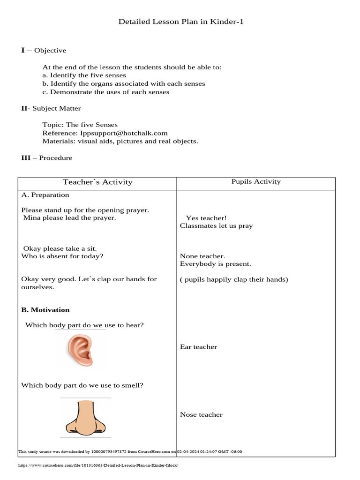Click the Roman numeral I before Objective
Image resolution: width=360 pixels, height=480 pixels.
(x=23, y=50)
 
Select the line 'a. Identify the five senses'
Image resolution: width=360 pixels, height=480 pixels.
(x=84, y=75)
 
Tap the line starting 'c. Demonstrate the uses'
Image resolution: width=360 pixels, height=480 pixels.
(x=105, y=92)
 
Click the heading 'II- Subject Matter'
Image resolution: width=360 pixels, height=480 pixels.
(x=51, y=109)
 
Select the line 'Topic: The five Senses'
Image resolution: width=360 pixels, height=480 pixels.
(x=80, y=125)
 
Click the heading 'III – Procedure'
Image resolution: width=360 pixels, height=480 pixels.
(x=46, y=158)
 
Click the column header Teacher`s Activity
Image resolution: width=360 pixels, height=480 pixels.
(x=97, y=182)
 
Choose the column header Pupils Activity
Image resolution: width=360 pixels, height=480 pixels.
(x=256, y=182)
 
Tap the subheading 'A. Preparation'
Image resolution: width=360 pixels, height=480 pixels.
(x=45, y=195)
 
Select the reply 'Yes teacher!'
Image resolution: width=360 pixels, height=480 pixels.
(x=206, y=218)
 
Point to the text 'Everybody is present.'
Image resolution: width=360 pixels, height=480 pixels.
(x=216, y=264)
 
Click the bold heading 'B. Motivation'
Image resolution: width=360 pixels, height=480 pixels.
(x=45, y=310)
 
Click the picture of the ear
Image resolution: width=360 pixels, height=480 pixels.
(x=80, y=350)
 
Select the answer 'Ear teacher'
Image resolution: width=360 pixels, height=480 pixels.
(x=198, y=347)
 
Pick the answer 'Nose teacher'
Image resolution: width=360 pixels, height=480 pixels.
(x=201, y=415)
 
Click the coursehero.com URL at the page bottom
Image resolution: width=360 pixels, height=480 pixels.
(x=98, y=465)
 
